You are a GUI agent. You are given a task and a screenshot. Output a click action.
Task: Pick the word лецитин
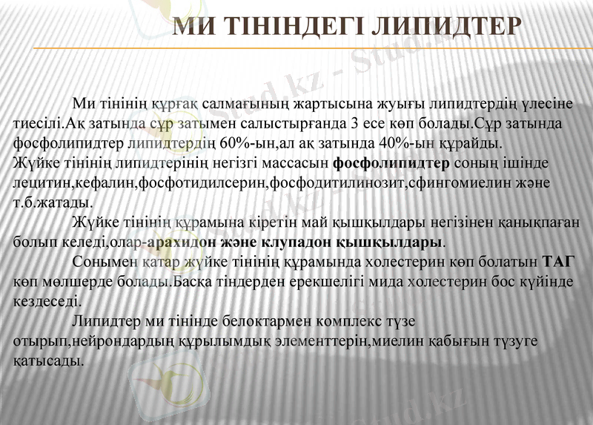coord(38,182)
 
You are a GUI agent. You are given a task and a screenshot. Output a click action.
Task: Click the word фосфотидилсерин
coord(194,182)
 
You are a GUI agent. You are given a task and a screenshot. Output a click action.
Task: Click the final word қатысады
coord(47,362)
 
